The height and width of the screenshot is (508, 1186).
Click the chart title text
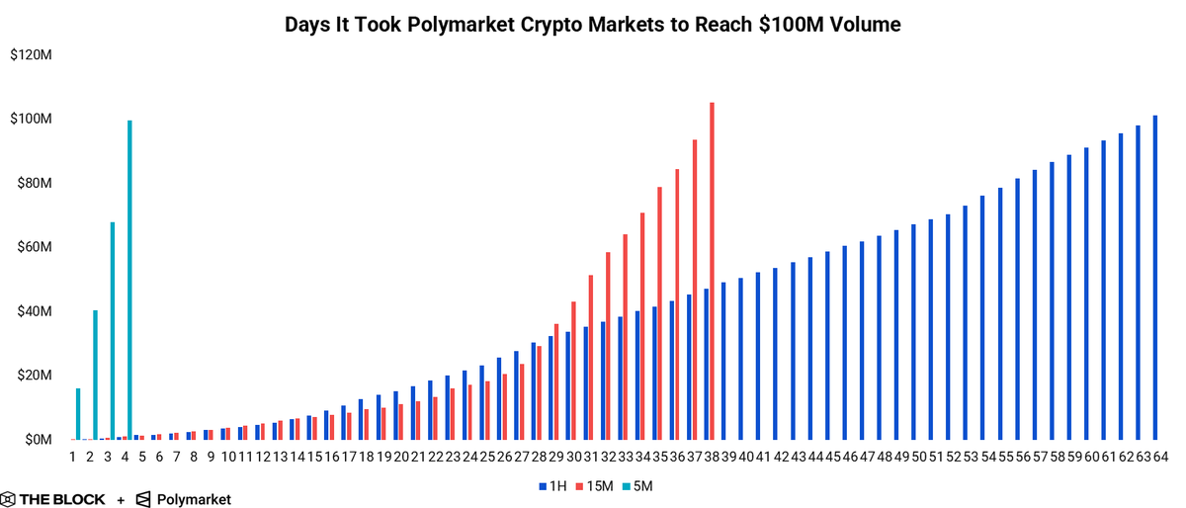[593, 25]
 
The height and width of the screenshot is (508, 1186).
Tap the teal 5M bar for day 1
[78, 414]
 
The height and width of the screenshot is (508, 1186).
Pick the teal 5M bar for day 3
[113, 331]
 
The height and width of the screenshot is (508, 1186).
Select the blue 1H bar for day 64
[1154, 278]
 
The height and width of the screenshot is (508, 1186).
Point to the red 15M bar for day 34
[642, 326]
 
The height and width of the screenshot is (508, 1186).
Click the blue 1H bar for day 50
[913, 332]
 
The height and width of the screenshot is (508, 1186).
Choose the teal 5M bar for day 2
[95, 375]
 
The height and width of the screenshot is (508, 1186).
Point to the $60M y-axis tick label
[32, 247]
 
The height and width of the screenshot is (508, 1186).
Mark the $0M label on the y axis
[36, 440]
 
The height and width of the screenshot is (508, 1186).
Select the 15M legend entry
[594, 486]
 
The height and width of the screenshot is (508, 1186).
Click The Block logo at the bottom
[53, 499]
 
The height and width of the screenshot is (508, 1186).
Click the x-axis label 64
[1160, 457]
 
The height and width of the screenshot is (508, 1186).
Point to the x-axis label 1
[72, 457]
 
